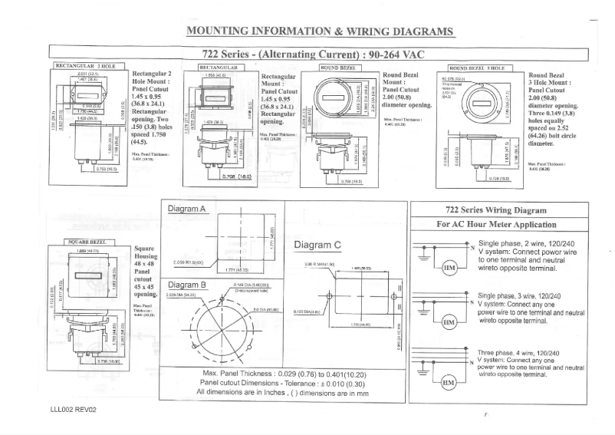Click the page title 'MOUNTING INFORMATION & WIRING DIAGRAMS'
pos(320,31)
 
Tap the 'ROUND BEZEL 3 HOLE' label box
pos(476,68)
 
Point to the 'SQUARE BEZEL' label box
pos(88,241)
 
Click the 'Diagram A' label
pos(186,209)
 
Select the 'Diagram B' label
pos(186,284)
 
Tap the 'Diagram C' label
pos(317,245)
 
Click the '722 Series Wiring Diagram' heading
pos(496,209)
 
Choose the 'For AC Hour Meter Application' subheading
pos(496,224)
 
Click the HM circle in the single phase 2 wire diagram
pos(449,267)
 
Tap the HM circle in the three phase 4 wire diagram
pos(449,381)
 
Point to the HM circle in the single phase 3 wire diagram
pos(449,323)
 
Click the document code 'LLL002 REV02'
pos(74,410)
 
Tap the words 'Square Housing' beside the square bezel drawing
pos(146,253)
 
